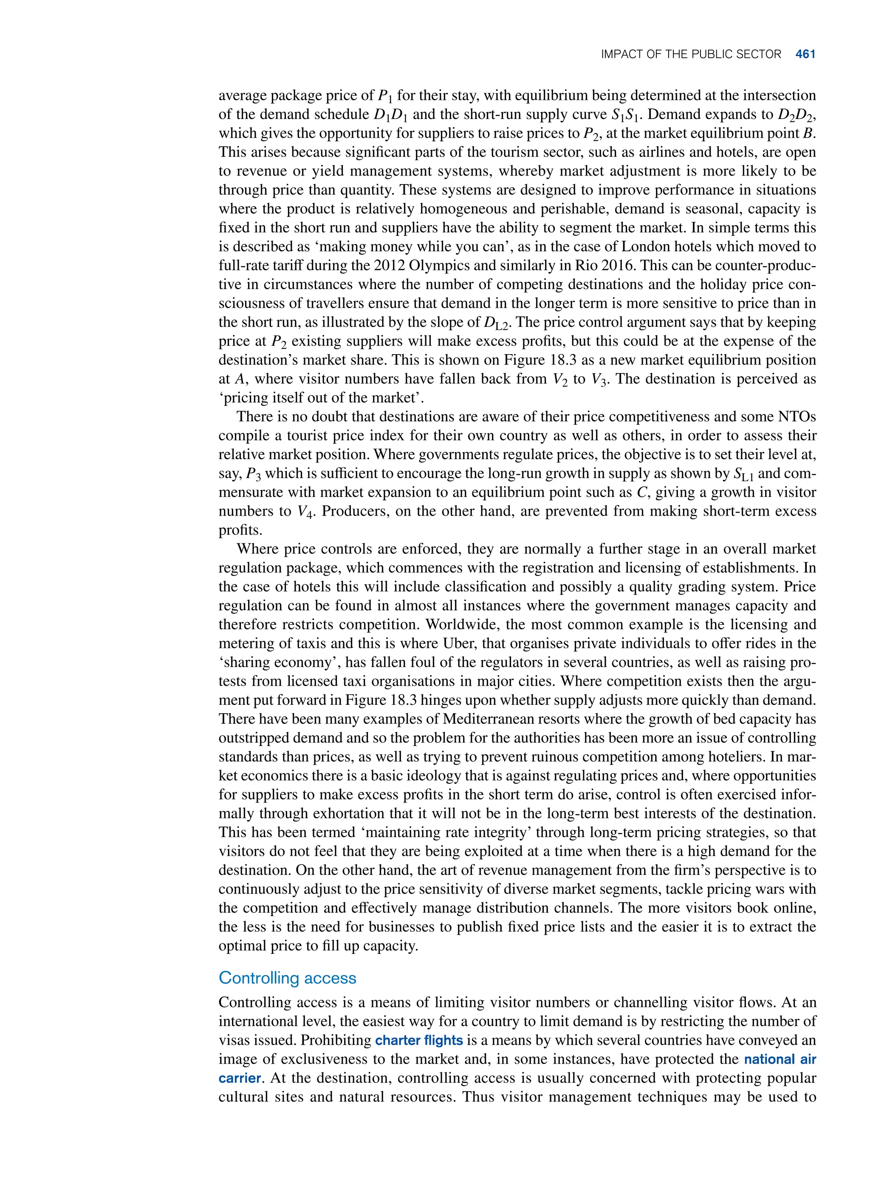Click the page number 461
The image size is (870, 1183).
coord(805,54)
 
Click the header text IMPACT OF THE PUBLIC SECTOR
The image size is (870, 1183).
coord(691,54)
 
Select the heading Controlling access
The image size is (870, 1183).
coord(287,978)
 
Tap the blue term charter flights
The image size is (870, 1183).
coord(419,1040)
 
